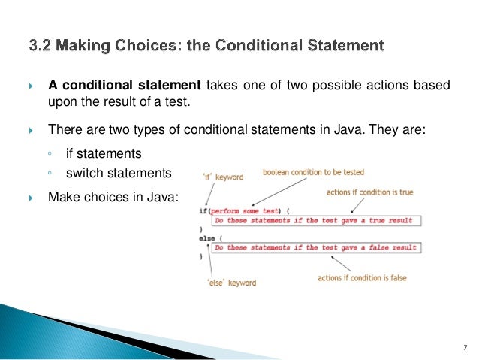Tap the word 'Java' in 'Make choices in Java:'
164,197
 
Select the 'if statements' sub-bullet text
104,153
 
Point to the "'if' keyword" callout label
224,177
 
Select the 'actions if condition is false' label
362,277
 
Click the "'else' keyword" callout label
231,283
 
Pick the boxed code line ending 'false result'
315,247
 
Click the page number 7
465,346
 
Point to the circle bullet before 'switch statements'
50,174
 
